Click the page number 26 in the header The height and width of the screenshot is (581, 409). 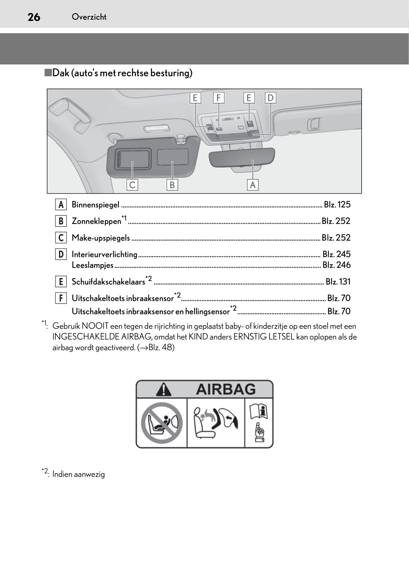tap(34, 17)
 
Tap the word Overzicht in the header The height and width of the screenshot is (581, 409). tap(89, 17)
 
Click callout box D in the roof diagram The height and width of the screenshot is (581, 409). tap(270, 98)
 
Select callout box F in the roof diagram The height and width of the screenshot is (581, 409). tap(219, 98)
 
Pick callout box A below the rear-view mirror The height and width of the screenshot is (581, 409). tap(253, 185)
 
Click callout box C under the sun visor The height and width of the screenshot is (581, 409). tap(132, 185)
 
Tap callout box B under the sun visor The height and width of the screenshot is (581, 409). tap(172, 185)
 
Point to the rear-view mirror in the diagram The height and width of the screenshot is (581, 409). tap(242, 157)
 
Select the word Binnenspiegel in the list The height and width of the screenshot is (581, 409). tap(95, 205)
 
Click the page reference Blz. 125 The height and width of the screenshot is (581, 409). tap(337, 204)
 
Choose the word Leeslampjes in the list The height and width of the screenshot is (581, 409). tap(93, 265)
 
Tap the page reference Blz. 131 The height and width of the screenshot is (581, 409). tap(338, 282)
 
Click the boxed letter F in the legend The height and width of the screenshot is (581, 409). tap(61, 298)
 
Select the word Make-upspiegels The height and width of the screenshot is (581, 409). tap(101, 238)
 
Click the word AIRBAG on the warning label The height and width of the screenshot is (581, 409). tap(226, 389)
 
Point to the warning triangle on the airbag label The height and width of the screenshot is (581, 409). tap(163, 390)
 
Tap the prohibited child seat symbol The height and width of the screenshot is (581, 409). tap(162, 423)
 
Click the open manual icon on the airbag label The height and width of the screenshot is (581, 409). tap(259, 411)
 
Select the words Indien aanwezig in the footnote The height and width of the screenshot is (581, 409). tap(79, 474)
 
